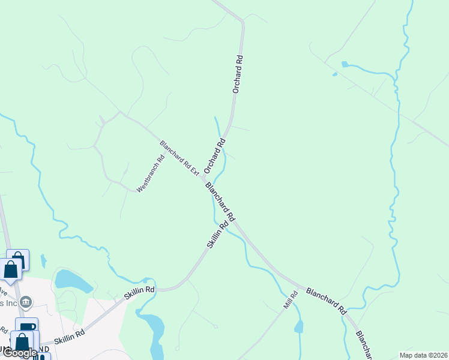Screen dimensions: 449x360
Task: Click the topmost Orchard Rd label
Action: [238, 74]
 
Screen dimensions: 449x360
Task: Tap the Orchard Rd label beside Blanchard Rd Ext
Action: [214, 155]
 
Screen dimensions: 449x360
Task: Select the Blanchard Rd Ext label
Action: [179, 158]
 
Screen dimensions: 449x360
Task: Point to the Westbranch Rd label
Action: [150, 174]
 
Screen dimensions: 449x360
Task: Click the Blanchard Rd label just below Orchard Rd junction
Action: [220, 201]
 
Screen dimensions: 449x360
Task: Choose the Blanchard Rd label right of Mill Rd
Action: [326, 301]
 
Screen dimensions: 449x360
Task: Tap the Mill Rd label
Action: [291, 300]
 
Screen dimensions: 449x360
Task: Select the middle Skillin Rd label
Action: [139, 293]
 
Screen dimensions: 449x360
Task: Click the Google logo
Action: [19, 352]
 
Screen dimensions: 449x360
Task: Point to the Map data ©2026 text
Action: [423, 355]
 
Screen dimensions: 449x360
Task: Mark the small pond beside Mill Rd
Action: [298, 327]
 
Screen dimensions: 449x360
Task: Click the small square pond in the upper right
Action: [344, 64]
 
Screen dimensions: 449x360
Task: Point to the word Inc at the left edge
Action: [8, 304]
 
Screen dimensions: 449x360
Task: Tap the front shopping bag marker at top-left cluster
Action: [11, 269]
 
